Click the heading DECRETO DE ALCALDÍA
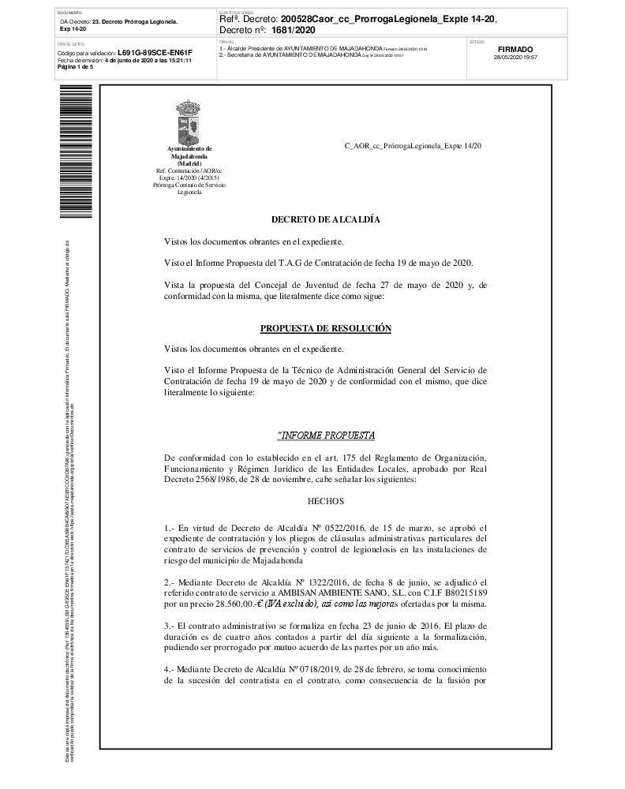pos(325,219)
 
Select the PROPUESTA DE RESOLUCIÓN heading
pos(325,327)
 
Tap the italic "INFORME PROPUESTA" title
pos(325,436)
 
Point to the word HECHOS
pos(325,500)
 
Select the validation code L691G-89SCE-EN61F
pos(155,53)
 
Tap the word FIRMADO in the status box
pos(516,49)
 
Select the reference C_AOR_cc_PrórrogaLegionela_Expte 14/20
pos(413,147)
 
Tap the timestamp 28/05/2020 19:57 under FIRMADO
pos(515,58)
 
